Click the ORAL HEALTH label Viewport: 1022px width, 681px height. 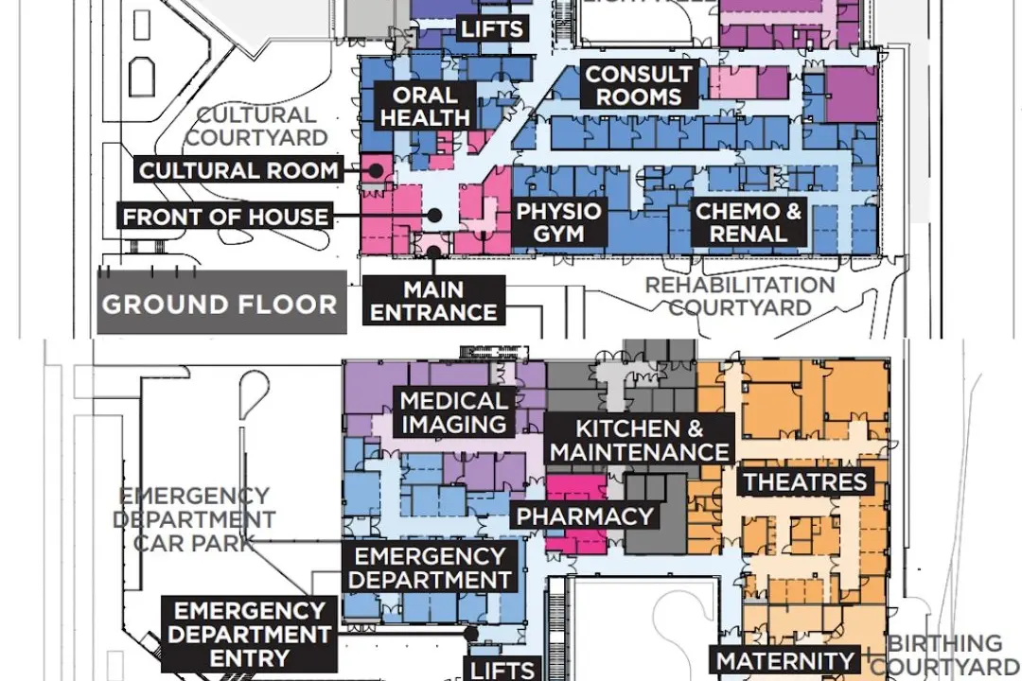[425, 106]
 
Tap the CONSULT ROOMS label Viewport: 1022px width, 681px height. [638, 85]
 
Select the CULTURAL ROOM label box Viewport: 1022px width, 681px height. [238, 171]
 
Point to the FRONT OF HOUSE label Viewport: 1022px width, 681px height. [225, 217]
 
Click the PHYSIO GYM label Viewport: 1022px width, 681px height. [558, 221]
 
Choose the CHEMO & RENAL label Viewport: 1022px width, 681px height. [748, 222]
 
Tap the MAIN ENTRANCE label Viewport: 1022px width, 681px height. [433, 301]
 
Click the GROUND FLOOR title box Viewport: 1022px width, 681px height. [220, 304]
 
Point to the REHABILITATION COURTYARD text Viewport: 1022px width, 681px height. [740, 296]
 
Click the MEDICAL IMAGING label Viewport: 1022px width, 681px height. [454, 412]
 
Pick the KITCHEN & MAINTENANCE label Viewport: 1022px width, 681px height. [640, 441]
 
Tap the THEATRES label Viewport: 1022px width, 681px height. [804, 481]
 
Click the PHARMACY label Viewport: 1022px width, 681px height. [585, 516]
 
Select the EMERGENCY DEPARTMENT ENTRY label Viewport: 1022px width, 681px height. [250, 635]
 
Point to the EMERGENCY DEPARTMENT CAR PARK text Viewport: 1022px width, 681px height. [194, 519]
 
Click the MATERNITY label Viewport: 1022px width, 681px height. [785, 661]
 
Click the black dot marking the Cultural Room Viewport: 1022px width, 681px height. [376, 171]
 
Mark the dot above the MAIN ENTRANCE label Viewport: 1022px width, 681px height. [433, 252]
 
